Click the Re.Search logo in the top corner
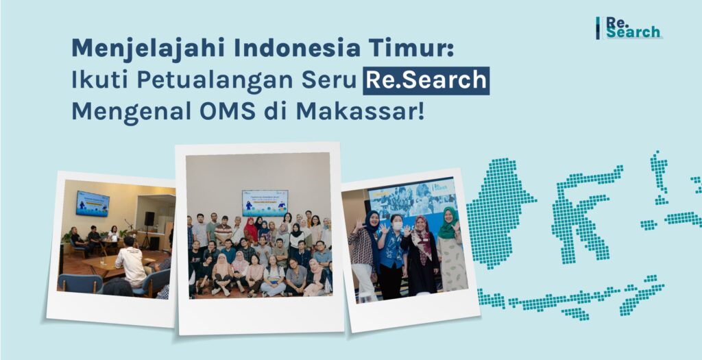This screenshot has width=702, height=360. pyautogui.click(x=629, y=27)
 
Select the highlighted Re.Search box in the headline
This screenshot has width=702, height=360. pyautogui.click(x=426, y=80)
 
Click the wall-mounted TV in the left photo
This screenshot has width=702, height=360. pyautogui.click(x=93, y=203)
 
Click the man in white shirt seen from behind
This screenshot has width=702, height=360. pyautogui.click(x=130, y=264)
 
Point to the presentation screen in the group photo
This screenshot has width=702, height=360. pyautogui.click(x=265, y=202)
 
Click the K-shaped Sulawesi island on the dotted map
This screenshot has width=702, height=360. pyautogui.click(x=579, y=206)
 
